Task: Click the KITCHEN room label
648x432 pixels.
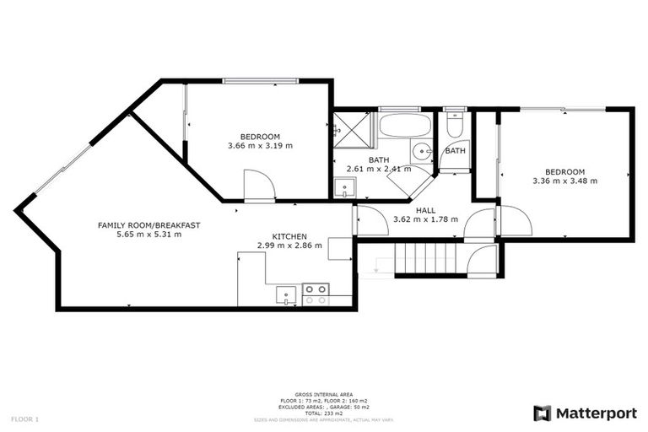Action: [x=289, y=236]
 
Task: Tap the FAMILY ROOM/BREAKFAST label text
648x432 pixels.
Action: [x=148, y=224]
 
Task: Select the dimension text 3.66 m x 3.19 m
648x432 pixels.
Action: [x=260, y=146]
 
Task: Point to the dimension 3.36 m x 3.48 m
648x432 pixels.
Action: [x=564, y=181]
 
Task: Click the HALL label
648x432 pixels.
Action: [x=425, y=209]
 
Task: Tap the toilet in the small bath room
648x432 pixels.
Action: [x=455, y=127]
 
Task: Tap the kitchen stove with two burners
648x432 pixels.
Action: [x=316, y=294]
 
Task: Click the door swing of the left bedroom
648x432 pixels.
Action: [x=259, y=186]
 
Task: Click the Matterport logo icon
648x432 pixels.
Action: [x=542, y=413]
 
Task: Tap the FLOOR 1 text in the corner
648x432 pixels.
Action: [x=24, y=418]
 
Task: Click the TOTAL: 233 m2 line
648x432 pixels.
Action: [x=324, y=413]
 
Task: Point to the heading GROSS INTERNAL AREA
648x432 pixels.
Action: [x=324, y=394]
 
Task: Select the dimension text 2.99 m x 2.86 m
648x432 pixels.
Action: [x=289, y=246]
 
